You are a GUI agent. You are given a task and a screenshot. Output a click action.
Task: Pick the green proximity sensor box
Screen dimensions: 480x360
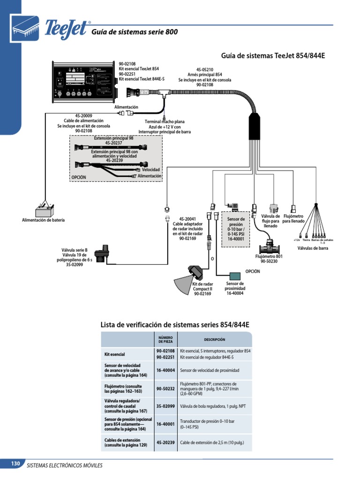235,275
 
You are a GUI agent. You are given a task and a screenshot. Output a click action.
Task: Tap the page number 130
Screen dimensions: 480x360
15,464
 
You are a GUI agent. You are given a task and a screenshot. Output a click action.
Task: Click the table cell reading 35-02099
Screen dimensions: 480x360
165,406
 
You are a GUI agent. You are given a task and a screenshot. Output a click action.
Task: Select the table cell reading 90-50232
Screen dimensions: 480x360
165,388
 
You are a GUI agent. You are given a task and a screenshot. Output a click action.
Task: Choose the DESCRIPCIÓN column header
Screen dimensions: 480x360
214,339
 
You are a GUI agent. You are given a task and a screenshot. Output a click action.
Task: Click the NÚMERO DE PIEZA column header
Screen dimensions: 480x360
165,339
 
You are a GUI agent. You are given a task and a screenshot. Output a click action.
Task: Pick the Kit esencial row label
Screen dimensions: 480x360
114,354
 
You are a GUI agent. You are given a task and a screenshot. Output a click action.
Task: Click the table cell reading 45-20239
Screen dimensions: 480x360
165,442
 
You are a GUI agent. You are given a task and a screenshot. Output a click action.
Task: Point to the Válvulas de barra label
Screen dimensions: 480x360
313,248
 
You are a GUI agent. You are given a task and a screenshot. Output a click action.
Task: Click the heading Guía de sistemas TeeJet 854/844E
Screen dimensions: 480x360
272,56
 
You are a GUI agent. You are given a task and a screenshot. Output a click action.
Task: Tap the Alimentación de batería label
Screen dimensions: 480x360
43,220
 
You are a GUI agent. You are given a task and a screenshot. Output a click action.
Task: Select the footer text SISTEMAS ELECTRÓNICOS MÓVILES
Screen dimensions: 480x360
65,465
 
